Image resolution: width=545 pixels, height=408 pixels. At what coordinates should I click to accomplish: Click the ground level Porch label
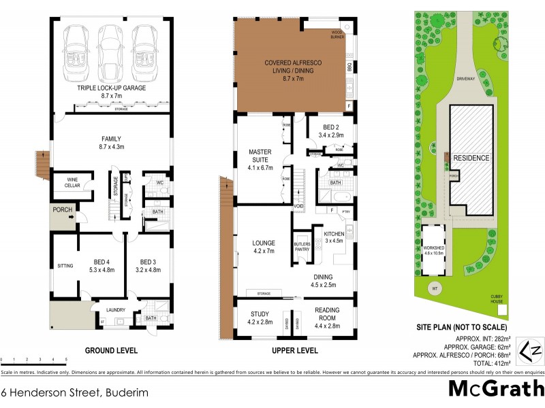pos(62,210)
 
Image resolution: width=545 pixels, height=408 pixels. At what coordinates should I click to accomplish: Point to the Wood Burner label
pos(337,35)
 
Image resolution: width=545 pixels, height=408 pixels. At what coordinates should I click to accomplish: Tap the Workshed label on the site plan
pos(434,250)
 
